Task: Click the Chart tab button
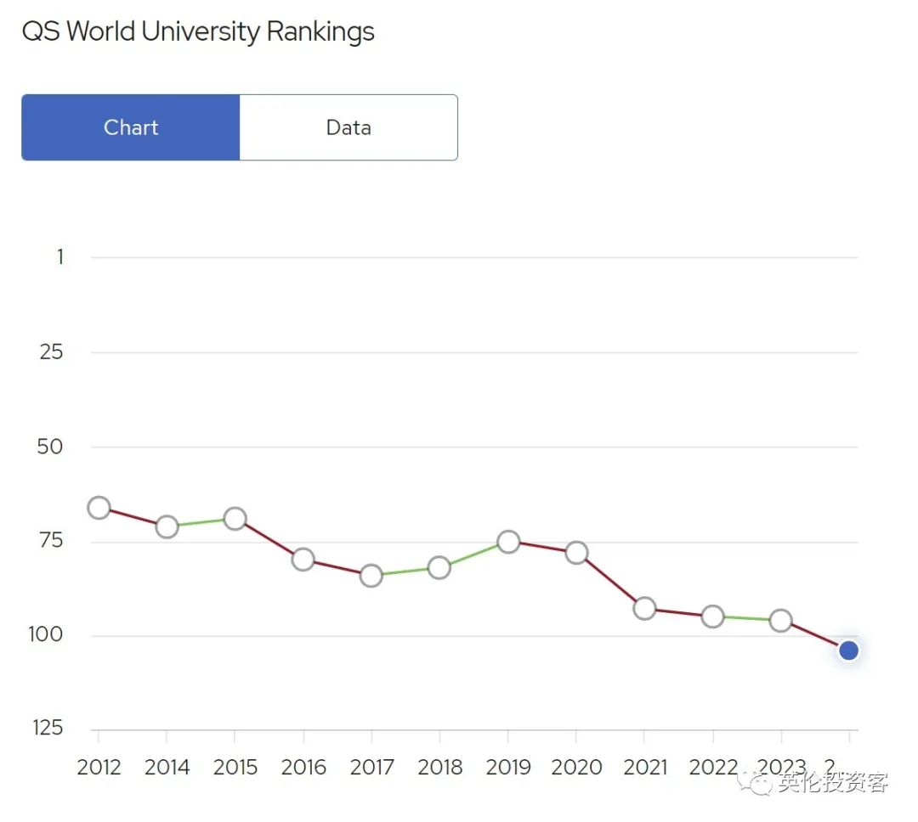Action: pyautogui.click(x=131, y=127)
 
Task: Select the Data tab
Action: pyautogui.click(x=348, y=127)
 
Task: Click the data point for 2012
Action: pyautogui.click(x=99, y=508)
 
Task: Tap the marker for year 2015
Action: pyautogui.click(x=235, y=519)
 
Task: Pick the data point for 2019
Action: pyautogui.click(x=508, y=542)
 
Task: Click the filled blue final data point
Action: pyautogui.click(x=847, y=650)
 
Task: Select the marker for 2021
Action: pyautogui.click(x=644, y=609)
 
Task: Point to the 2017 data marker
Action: pyautogui.click(x=371, y=576)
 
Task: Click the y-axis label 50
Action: pyautogui.click(x=51, y=447)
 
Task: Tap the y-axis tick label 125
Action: pyautogui.click(x=49, y=728)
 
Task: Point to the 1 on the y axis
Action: pyautogui.click(x=59, y=256)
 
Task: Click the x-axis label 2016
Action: pyautogui.click(x=303, y=768)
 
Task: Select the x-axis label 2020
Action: pyautogui.click(x=575, y=768)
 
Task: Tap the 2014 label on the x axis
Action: pyautogui.click(x=167, y=768)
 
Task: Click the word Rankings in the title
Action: pyautogui.click(x=320, y=32)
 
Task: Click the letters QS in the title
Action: pyautogui.click(x=40, y=32)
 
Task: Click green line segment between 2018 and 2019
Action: pyautogui.click(x=473, y=555)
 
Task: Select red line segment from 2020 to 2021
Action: pyautogui.click(x=610, y=581)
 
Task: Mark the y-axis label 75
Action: pyautogui.click(x=51, y=541)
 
